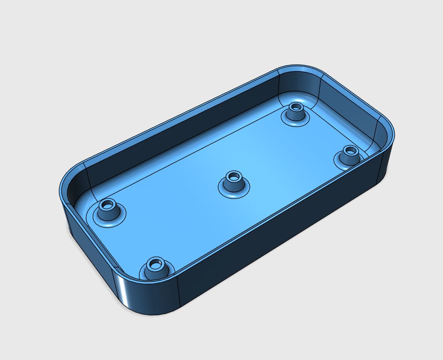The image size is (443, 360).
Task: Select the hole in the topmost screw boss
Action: pos(296,107)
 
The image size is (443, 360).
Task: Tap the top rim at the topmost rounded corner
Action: pos(299,68)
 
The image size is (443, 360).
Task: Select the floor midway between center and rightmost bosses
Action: pos(291,166)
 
